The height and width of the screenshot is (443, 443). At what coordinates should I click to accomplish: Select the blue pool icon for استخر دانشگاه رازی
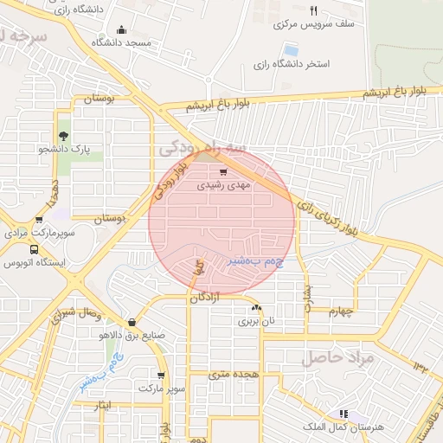[290, 50]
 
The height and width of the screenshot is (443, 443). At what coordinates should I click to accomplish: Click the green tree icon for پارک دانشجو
[63, 135]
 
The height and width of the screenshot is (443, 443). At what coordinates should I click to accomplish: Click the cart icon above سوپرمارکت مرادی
[39, 220]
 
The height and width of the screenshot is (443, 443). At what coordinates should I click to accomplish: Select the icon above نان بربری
[256, 308]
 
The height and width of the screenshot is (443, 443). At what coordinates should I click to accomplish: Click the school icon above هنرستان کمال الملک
[344, 414]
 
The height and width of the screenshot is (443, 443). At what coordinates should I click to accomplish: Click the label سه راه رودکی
[202, 149]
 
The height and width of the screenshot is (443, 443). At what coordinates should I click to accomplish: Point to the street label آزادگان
[211, 297]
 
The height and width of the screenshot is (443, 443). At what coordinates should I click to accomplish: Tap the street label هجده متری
[234, 374]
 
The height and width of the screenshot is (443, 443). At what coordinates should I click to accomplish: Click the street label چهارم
[341, 312]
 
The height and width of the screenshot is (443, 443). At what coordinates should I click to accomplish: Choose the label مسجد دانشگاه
[125, 42]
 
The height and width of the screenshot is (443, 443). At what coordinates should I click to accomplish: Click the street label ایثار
[101, 404]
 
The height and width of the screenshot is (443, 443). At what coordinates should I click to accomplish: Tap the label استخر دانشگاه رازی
[280, 65]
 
